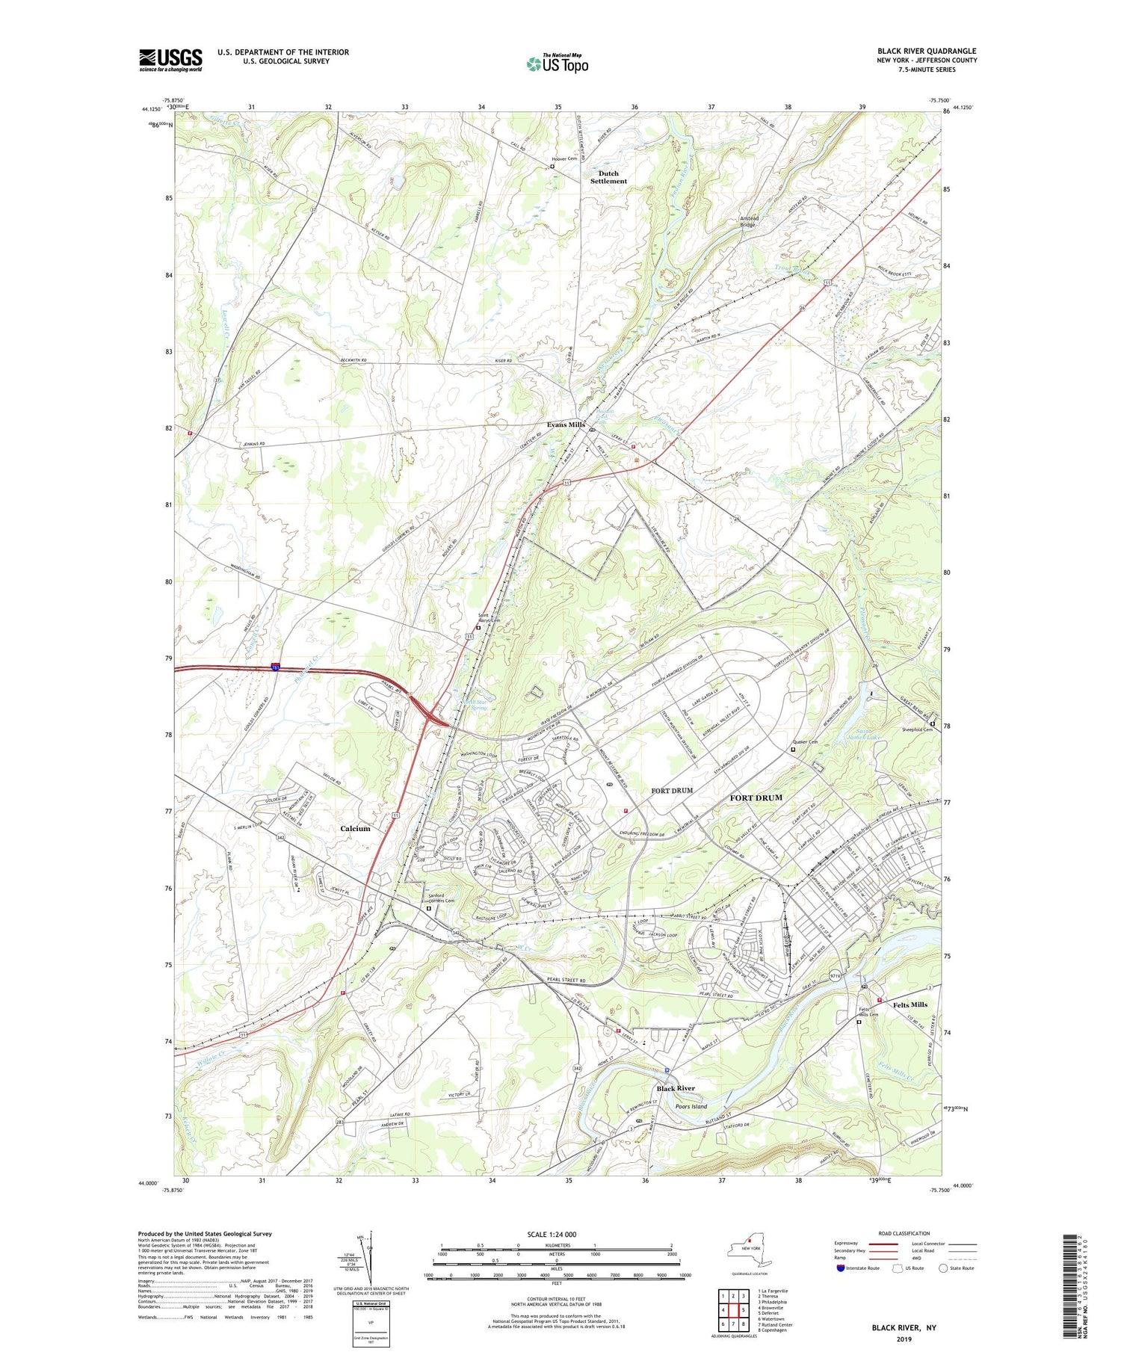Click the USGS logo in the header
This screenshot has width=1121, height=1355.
click(x=170, y=60)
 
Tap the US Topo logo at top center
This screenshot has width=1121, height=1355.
click(x=557, y=64)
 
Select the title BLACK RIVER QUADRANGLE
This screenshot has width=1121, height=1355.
click(x=927, y=51)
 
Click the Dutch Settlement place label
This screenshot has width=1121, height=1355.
click(x=608, y=177)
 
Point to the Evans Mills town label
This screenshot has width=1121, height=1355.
click(x=566, y=425)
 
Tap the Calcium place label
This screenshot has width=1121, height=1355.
click(x=355, y=828)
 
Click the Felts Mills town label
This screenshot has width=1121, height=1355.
click(x=910, y=1004)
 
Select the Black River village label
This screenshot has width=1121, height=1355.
click(x=676, y=1088)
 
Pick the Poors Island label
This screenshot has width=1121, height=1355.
click(x=691, y=1106)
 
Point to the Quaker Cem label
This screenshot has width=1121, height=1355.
click(x=805, y=742)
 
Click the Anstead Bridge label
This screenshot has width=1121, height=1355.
click(x=749, y=221)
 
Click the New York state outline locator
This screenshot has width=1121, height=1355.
click(x=749, y=1250)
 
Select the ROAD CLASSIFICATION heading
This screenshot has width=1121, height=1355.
click(x=904, y=1233)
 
